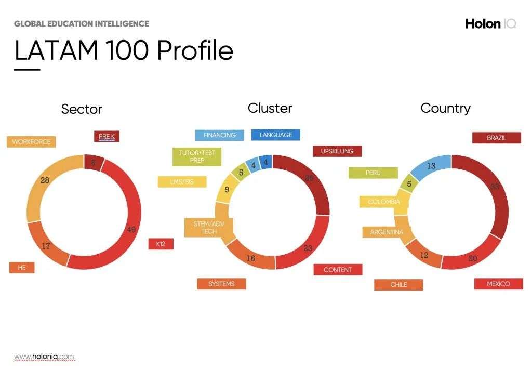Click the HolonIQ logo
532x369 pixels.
[x=490, y=23]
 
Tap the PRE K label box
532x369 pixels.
[x=107, y=137]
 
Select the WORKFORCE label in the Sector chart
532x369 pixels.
[x=31, y=141]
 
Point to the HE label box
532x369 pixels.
[x=22, y=267]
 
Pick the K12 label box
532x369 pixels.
[x=161, y=244]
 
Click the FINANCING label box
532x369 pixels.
[x=219, y=135]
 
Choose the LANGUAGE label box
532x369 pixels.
[x=275, y=135]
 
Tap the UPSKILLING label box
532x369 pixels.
[x=337, y=151]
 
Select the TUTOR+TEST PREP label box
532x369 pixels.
[x=197, y=156]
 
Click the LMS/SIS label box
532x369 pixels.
[x=182, y=182]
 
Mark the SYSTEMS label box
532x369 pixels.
[x=221, y=284]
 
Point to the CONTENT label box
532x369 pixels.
[x=338, y=270]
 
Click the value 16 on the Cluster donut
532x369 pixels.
[x=251, y=259]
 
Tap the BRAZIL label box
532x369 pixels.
[x=496, y=138]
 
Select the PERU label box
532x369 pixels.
[x=373, y=173]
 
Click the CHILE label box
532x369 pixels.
[x=398, y=285]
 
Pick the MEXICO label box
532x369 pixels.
[x=498, y=284]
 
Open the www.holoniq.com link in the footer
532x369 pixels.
[x=44, y=357]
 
